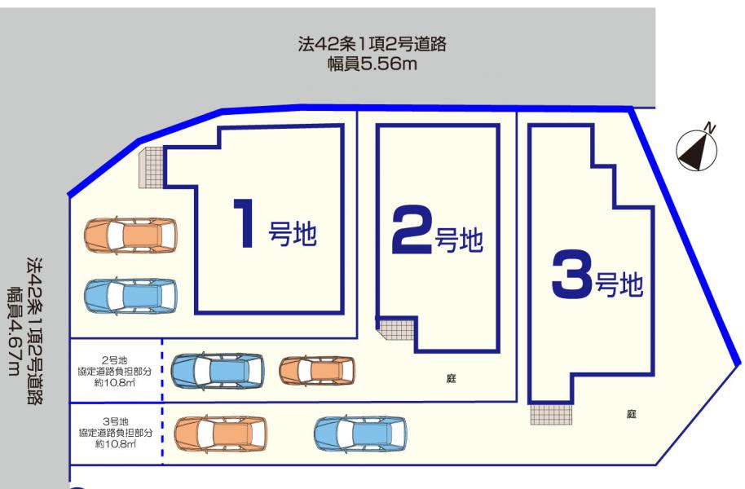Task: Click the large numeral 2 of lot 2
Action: coord(412,230)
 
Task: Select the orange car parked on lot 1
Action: coord(130,235)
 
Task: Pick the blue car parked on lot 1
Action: coord(130,296)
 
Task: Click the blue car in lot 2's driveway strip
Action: coord(218,371)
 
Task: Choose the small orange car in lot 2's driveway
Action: coord(317,370)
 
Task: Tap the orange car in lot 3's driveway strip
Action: coord(221,434)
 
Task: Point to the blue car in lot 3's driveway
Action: coord(360,433)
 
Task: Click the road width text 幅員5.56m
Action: coord(372,64)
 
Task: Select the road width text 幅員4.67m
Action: coord(14,331)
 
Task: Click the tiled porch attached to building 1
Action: coord(152,167)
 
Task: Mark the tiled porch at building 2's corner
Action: coord(397,328)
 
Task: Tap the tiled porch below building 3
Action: coord(551,413)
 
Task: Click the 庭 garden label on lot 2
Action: coord(451,378)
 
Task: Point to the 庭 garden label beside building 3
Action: coord(631,414)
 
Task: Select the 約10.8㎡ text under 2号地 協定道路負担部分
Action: coord(114,382)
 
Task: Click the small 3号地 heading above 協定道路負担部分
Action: coord(116,421)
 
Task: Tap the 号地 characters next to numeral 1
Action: coord(293,234)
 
